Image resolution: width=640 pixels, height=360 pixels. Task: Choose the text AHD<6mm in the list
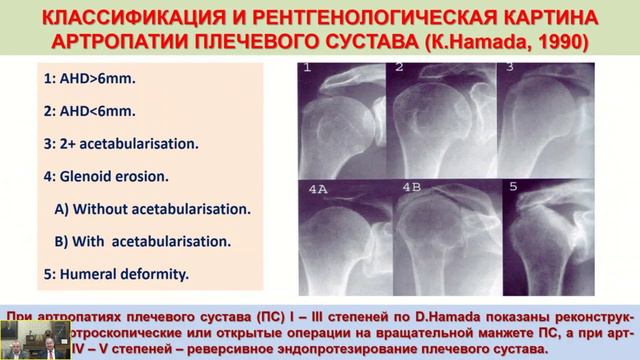coord(85,112)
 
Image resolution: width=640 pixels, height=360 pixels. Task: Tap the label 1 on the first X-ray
coord(309,70)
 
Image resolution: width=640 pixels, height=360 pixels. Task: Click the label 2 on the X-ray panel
coord(400,69)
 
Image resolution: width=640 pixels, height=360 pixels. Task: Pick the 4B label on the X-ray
coord(411,186)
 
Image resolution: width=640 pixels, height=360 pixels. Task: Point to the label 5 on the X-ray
coord(513,186)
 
